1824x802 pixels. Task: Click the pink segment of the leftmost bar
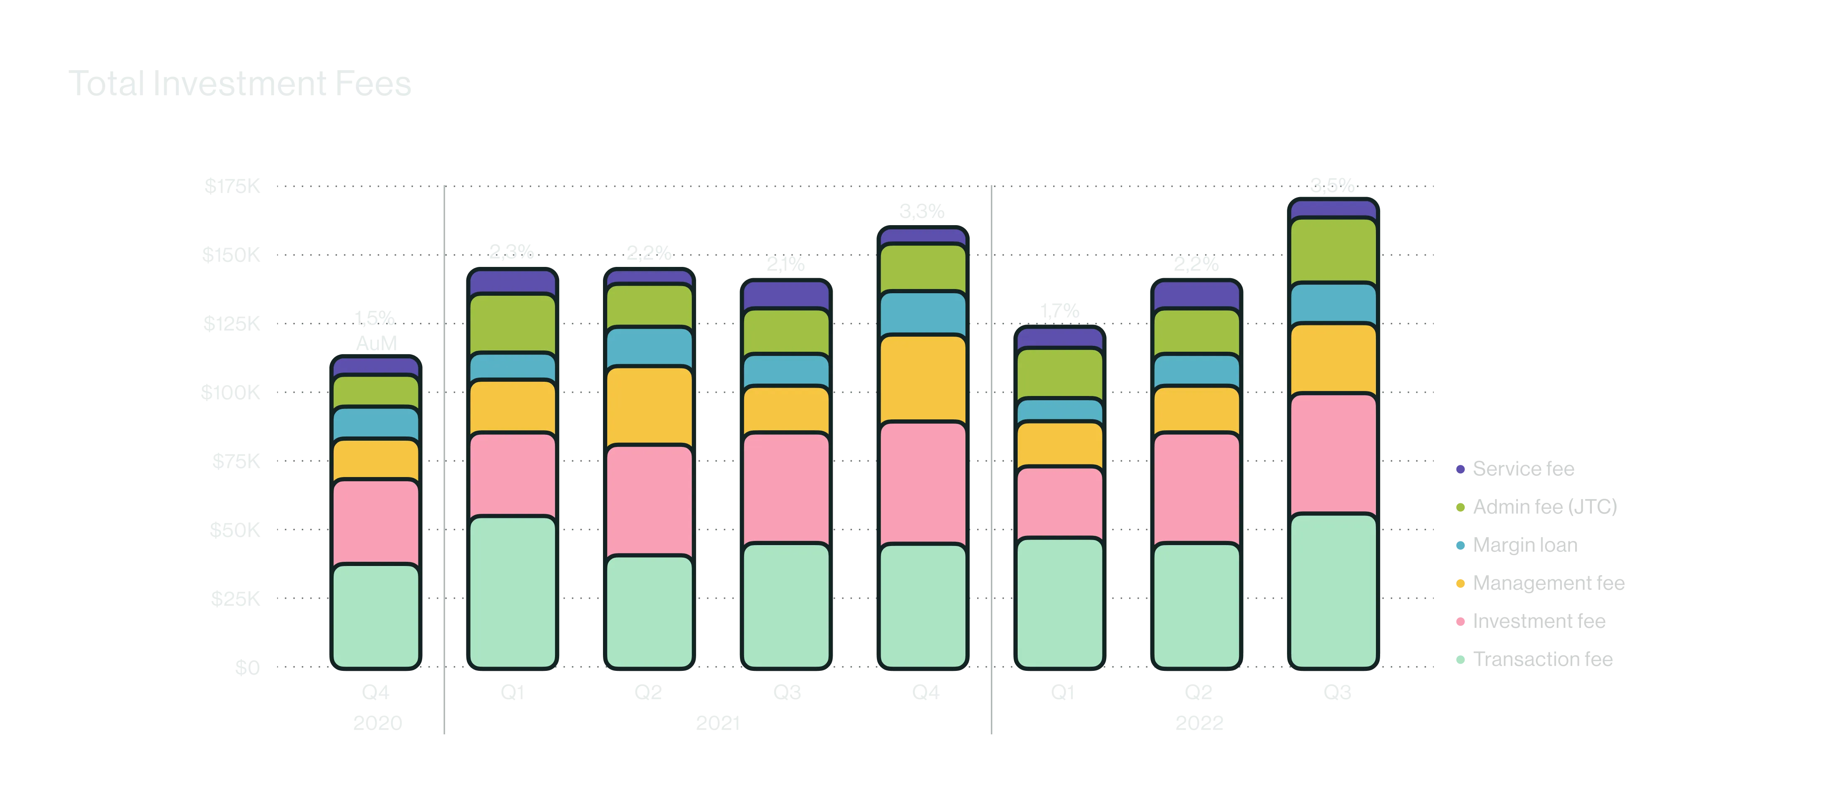coord(376,522)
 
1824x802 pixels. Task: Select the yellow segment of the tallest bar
coord(1333,358)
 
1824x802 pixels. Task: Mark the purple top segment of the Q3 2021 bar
coord(786,295)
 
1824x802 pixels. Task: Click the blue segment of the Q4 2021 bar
coord(922,313)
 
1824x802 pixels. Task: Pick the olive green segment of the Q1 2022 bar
coord(1060,373)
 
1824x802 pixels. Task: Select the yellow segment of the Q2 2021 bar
coord(649,406)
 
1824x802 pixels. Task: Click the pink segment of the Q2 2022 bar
coord(1197,488)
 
